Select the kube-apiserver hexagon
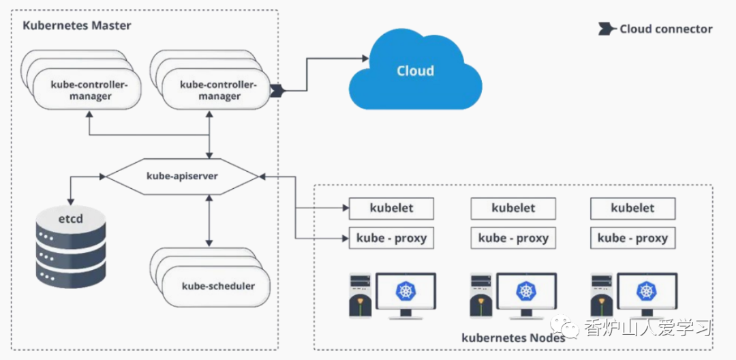tap(183, 176)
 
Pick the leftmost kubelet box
tap(391, 208)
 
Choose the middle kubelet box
tap(513, 208)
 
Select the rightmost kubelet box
tap(632, 208)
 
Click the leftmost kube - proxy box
tap(391, 238)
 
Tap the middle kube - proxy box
tap(513, 238)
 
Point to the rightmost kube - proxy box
tap(632, 238)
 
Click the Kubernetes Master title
tap(77, 26)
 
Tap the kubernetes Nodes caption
tap(513, 337)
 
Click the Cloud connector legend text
tap(666, 29)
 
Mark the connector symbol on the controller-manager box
tap(277, 90)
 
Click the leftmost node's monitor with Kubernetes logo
tap(406, 294)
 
